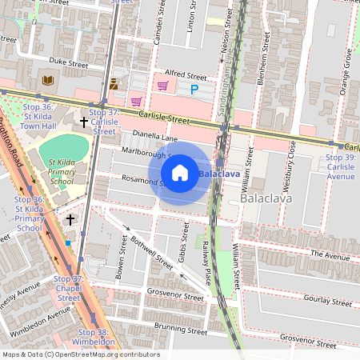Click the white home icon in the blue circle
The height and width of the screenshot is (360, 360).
point(180,172)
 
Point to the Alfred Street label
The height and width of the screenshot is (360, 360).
point(185,77)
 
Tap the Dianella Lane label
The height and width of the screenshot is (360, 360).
point(154,136)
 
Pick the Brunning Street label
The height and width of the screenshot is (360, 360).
point(158,327)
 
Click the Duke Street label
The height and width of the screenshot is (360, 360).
point(68,60)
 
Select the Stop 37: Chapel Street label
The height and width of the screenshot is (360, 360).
point(68,288)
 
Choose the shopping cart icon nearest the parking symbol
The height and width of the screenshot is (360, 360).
point(163,86)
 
